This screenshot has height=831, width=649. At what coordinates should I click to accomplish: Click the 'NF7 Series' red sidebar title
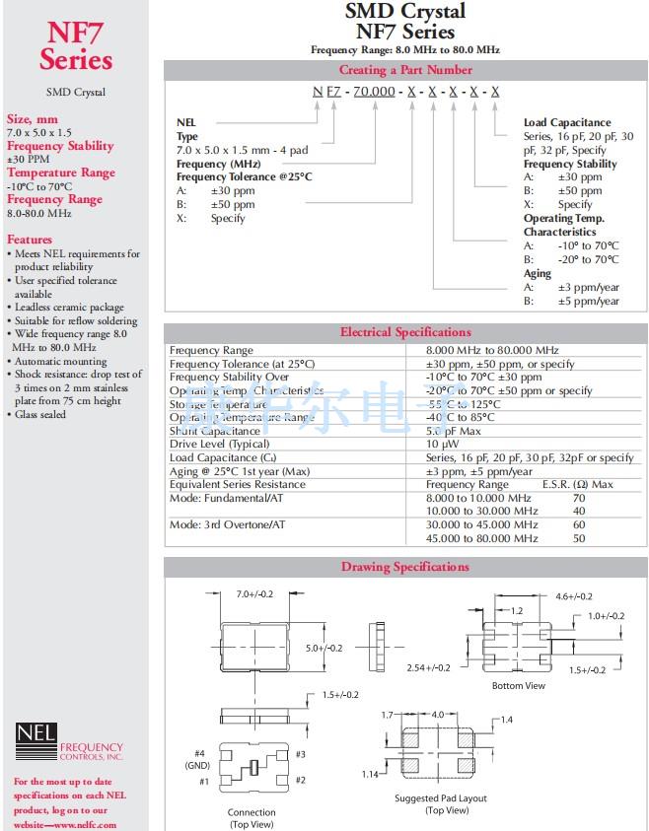pyautogui.click(x=75, y=46)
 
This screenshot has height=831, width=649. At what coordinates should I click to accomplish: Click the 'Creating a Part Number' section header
pyautogui.click(x=405, y=70)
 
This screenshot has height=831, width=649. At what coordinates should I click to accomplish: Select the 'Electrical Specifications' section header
pyautogui.click(x=405, y=332)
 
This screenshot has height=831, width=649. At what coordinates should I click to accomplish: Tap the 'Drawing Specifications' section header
pyautogui.click(x=405, y=567)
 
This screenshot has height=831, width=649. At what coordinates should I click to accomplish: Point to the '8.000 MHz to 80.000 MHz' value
pyautogui.click(x=492, y=350)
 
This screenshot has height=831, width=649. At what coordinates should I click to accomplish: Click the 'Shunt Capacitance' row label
pyautogui.click(x=215, y=431)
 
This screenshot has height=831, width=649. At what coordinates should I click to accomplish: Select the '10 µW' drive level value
pyautogui.click(x=440, y=445)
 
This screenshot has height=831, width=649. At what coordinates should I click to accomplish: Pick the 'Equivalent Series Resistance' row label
pyautogui.click(x=237, y=484)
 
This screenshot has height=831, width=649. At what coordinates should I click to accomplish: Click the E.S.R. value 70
pyautogui.click(x=579, y=498)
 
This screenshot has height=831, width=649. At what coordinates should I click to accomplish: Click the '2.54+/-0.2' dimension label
pyautogui.click(x=428, y=667)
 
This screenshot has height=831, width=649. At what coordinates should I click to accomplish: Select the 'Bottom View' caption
pyautogui.click(x=518, y=685)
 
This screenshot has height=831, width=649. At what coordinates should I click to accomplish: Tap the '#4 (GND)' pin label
pyautogui.click(x=196, y=758)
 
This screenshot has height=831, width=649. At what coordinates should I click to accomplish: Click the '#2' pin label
pyautogui.click(x=302, y=781)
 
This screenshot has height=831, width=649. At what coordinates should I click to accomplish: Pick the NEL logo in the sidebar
pyautogui.click(x=36, y=739)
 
